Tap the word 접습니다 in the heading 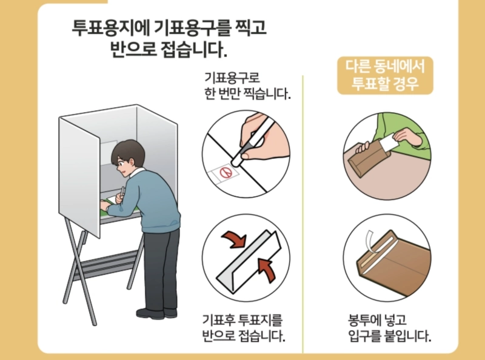197,49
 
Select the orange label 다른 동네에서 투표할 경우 385,75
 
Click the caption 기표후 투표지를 242,319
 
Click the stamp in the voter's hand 122,193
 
